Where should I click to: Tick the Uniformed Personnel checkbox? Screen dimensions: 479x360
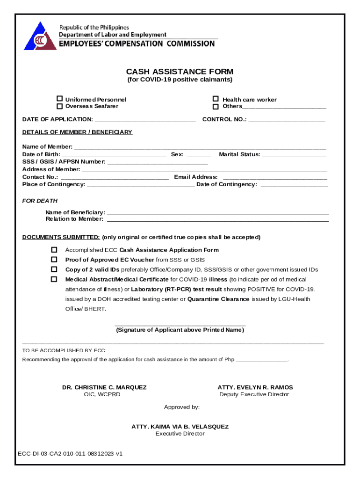[60, 99]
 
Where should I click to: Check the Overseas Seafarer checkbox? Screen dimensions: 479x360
[60, 106]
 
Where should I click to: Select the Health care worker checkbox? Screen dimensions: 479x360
[216, 99]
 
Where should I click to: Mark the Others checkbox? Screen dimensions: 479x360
[216, 107]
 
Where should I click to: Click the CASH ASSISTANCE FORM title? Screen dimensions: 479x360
[180, 72]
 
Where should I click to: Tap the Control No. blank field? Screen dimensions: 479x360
[287, 120]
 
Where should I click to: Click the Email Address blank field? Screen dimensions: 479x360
[275, 177]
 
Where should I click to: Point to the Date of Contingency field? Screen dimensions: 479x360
[294, 185]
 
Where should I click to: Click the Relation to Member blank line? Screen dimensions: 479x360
[218, 219]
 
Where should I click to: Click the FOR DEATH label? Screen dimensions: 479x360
[40, 201]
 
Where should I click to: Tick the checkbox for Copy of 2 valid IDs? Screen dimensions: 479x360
[54, 269]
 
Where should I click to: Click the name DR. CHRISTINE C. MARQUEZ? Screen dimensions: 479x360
[104, 387]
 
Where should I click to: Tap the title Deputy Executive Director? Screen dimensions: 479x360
[254, 394]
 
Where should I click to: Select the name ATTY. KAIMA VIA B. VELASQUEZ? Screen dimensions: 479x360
[180, 427]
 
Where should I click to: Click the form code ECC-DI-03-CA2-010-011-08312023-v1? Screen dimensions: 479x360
[70, 454]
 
